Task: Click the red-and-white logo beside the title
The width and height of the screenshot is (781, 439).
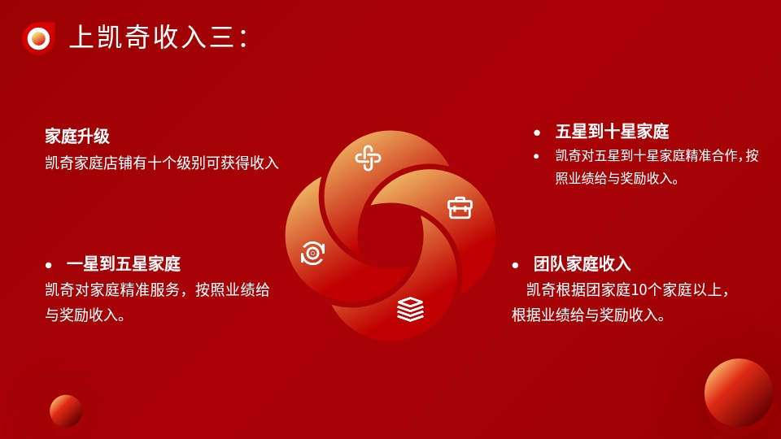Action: [38, 38]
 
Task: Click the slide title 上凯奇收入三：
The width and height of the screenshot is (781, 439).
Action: [159, 37]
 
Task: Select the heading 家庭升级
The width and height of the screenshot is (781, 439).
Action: [77, 136]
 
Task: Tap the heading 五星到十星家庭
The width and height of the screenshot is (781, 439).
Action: [612, 132]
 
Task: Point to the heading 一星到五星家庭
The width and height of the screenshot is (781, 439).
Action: [124, 263]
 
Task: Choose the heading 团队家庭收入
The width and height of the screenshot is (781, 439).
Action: [582, 263]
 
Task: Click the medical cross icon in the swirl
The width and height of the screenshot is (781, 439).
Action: [368, 159]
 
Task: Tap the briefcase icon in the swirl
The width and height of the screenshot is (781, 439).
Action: [460, 208]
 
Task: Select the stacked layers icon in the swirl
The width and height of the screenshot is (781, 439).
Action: [410, 309]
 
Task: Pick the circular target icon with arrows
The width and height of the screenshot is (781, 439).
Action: [312, 253]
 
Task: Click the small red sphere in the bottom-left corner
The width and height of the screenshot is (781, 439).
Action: [66, 411]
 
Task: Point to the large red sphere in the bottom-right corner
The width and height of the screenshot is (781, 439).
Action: [739, 393]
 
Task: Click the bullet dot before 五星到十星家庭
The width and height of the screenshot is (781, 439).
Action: [537, 133]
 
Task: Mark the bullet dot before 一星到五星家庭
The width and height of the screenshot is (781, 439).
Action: [48, 265]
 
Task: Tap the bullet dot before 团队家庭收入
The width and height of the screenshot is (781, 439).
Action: [516, 265]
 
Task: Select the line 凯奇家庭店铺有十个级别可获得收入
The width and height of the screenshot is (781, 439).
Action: [162, 163]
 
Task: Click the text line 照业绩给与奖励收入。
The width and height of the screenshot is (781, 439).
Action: [617, 178]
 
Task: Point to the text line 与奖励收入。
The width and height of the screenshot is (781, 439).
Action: [85, 315]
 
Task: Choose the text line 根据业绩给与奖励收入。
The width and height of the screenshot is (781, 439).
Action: [588, 315]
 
